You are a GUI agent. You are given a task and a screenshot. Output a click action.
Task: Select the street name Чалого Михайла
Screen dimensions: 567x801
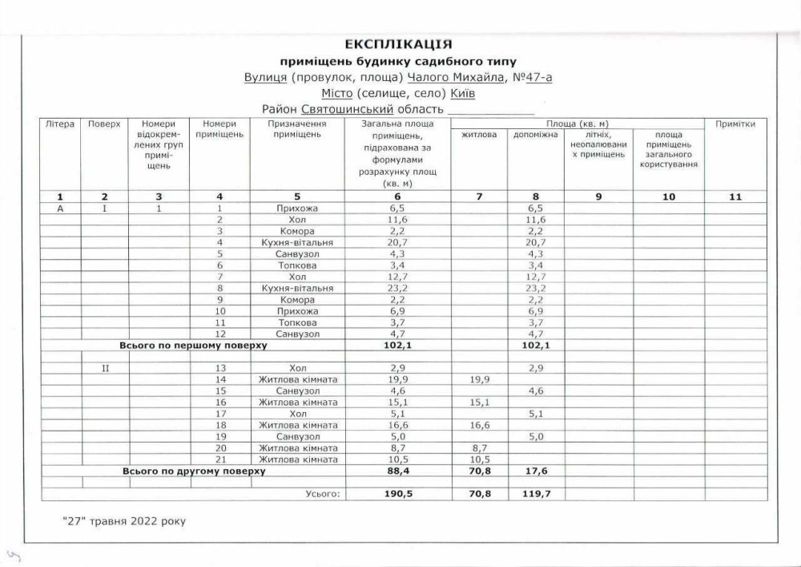[456, 78]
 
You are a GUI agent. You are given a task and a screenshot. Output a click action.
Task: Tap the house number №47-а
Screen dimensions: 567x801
[530, 78]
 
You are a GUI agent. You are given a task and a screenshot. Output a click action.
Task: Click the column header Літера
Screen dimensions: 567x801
[60, 124]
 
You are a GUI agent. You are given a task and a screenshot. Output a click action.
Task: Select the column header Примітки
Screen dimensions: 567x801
[735, 124]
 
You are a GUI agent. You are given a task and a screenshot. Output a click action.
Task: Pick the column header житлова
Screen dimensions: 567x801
[479, 134]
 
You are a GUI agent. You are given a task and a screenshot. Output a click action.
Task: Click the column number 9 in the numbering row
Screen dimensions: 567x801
[598, 196]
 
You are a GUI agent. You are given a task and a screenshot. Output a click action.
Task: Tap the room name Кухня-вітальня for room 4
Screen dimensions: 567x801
[296, 242]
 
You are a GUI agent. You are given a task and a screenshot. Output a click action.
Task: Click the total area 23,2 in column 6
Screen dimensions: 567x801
[398, 288]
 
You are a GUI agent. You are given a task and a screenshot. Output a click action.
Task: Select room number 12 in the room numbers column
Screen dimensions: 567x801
[219, 334]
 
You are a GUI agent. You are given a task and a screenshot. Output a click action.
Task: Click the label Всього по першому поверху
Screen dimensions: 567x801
[193, 346]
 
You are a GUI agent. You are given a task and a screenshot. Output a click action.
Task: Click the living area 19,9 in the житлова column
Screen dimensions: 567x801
[479, 379]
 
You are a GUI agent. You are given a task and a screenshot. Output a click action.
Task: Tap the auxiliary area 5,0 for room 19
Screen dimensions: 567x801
[535, 437]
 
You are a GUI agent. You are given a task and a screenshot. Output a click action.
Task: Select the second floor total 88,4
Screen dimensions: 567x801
[398, 472]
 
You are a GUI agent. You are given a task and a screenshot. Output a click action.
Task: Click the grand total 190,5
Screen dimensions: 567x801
[398, 495]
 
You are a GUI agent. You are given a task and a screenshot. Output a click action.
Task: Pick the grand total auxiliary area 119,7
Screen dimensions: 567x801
[535, 495]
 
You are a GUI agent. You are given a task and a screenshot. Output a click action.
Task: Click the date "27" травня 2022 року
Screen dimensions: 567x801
[124, 521]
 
